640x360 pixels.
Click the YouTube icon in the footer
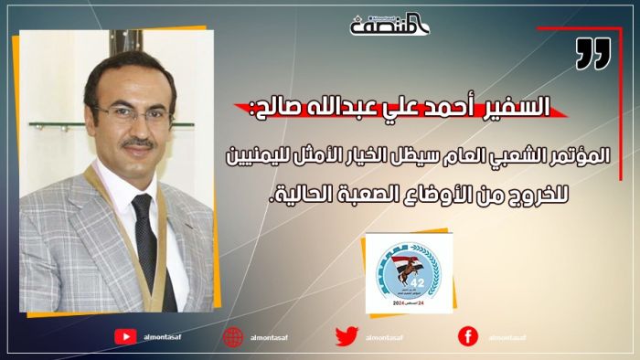point(125,337)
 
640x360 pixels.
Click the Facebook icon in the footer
point(468,337)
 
